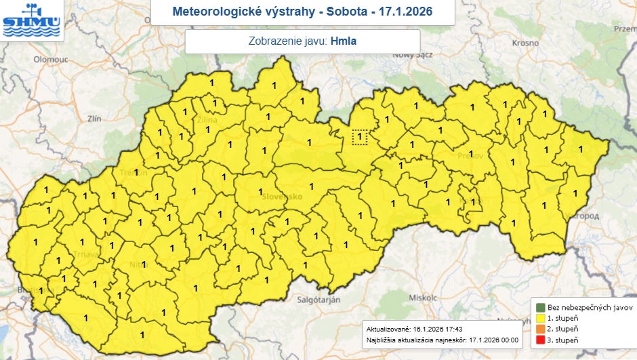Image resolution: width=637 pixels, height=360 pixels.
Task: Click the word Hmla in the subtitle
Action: (344, 41)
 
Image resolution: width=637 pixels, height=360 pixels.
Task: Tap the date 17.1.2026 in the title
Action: (403, 12)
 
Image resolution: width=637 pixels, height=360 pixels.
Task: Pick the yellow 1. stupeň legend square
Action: (540, 317)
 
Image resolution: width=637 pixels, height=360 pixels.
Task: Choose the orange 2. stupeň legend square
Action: (540, 328)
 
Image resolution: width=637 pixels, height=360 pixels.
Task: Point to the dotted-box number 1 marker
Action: (360, 137)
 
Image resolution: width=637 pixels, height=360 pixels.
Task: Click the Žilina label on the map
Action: (207, 120)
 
